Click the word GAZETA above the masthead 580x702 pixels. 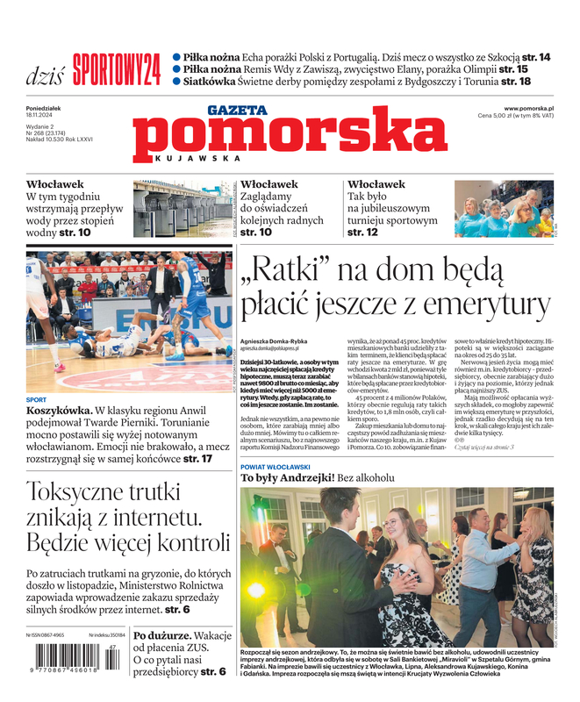click(236, 110)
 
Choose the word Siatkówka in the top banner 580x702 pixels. click(210, 81)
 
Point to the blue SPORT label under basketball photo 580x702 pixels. click(36, 399)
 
